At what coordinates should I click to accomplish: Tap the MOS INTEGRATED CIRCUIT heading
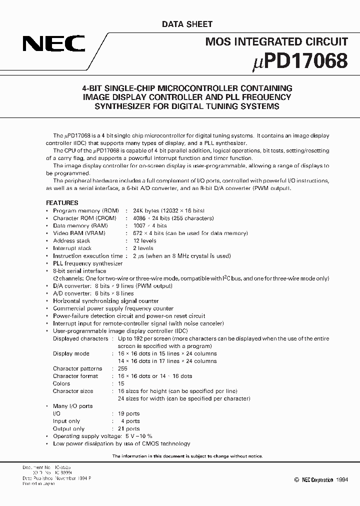coord(276,42)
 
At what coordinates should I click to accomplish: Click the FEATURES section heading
coord(62,203)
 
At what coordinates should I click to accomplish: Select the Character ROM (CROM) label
coord(84,218)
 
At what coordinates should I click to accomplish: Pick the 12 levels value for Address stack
coord(143,241)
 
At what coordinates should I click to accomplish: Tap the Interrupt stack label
coord(72,248)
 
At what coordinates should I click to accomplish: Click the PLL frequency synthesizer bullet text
coord(87,263)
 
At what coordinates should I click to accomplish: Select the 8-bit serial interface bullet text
coord(79,271)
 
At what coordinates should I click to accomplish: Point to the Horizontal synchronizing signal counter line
coord(105,301)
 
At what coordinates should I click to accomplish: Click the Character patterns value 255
coord(123,368)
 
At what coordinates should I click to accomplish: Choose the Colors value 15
coord(121,383)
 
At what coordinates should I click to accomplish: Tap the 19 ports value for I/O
coord(129,413)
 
